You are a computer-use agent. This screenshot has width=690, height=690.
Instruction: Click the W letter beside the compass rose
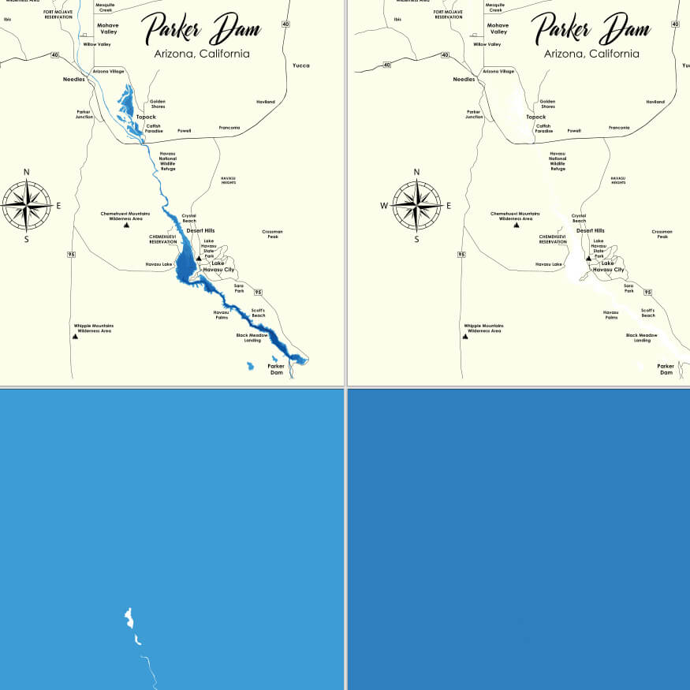tap(384, 206)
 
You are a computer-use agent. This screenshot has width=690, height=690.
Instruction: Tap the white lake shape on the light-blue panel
tap(129, 617)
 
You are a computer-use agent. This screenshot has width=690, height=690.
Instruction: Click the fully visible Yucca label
tap(300, 65)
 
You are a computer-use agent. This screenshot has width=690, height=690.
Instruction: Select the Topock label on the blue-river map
tap(146, 117)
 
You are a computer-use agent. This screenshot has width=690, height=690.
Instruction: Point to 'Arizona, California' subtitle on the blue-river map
tap(203, 54)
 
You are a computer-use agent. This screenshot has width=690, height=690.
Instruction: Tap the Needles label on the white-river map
tap(464, 79)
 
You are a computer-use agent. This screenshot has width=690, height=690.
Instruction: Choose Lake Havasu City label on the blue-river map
tap(218, 267)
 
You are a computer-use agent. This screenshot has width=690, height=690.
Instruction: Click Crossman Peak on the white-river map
tap(662, 234)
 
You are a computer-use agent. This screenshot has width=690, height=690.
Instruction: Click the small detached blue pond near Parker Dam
tap(251, 366)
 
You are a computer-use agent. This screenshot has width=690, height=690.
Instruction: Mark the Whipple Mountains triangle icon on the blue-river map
tap(75, 336)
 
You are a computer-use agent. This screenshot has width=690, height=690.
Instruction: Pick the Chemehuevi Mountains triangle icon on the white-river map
tap(516, 225)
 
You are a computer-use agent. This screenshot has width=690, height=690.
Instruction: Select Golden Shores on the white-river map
tap(547, 104)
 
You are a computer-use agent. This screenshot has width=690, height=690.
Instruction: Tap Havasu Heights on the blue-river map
tap(228, 180)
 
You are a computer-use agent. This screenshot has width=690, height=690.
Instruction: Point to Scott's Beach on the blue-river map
tap(259, 313)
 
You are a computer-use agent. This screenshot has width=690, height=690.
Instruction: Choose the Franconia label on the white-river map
tap(619, 128)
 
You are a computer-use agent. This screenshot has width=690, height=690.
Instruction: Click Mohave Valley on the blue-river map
tap(108, 28)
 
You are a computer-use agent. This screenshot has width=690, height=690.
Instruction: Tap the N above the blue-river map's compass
tap(27, 172)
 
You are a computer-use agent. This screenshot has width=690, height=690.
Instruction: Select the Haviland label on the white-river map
tap(655, 102)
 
